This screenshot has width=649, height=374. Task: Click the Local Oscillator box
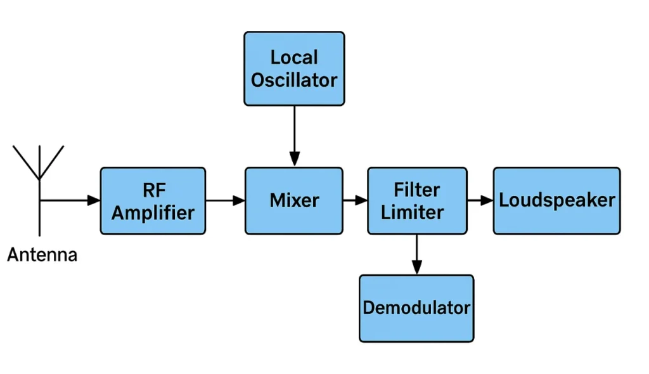294,68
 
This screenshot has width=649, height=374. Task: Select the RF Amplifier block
153,200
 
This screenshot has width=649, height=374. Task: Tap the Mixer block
294,200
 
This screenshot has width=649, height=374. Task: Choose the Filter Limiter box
417,200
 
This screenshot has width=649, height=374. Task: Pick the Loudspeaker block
556,200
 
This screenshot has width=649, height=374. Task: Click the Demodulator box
416,308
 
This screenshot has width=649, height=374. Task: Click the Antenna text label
42,255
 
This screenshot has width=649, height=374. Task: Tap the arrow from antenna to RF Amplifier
70,200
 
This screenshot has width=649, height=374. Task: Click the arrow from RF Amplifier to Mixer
225,200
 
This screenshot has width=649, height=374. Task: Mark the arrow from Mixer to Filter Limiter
355,200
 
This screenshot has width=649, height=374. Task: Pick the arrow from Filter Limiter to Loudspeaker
480,200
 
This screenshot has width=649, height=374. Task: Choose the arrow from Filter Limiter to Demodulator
416,254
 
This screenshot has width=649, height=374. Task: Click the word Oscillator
294,81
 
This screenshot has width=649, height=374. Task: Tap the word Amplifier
153,212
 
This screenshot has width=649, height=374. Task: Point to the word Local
294,57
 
